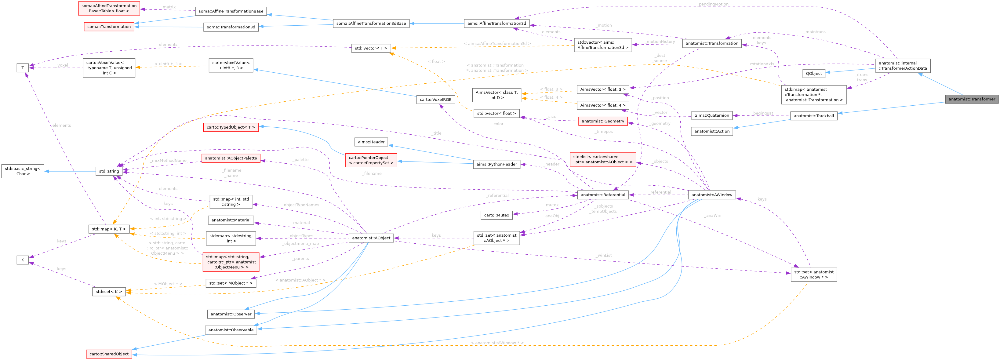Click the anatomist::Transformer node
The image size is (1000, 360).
[972, 99]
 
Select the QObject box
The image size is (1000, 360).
[814, 73]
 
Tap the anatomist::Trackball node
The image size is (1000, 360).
[814, 116]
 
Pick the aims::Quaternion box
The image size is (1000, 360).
[711, 115]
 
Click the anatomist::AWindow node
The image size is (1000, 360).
[711, 195]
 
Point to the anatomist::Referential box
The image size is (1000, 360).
[602, 195]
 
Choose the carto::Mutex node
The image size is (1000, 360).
[496, 215]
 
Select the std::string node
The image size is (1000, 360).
[109, 171]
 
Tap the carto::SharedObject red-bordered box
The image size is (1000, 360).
[109, 354]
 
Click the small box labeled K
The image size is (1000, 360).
[23, 260]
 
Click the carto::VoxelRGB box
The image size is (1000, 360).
[435, 100]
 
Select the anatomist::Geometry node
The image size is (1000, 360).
[602, 121]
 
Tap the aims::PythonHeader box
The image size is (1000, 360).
[496, 164]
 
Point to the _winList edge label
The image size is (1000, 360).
[604, 255]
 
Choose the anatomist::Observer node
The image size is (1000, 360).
[231, 314]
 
